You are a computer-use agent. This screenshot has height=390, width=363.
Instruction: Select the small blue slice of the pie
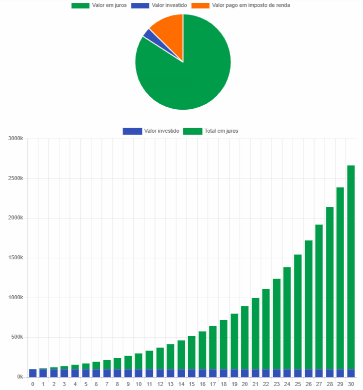tap(147, 33)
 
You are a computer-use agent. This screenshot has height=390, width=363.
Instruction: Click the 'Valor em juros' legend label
tap(109, 5)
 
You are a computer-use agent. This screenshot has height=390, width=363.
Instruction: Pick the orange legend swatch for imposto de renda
tap(200, 5)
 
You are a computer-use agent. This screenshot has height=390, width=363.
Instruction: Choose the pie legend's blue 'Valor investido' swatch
tap(140, 5)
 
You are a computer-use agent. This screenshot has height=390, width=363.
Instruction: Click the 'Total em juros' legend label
tap(221, 131)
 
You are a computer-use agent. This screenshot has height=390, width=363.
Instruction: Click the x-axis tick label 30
tap(351, 385)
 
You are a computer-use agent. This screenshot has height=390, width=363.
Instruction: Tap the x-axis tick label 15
tap(192, 385)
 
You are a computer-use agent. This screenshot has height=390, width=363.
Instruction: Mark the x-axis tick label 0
tap(32, 385)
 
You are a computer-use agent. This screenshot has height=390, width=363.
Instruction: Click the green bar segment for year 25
tap(298, 309)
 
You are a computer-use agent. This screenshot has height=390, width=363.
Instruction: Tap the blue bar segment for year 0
tap(32, 373)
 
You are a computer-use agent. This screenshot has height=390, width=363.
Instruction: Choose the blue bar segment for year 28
tap(330, 373)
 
